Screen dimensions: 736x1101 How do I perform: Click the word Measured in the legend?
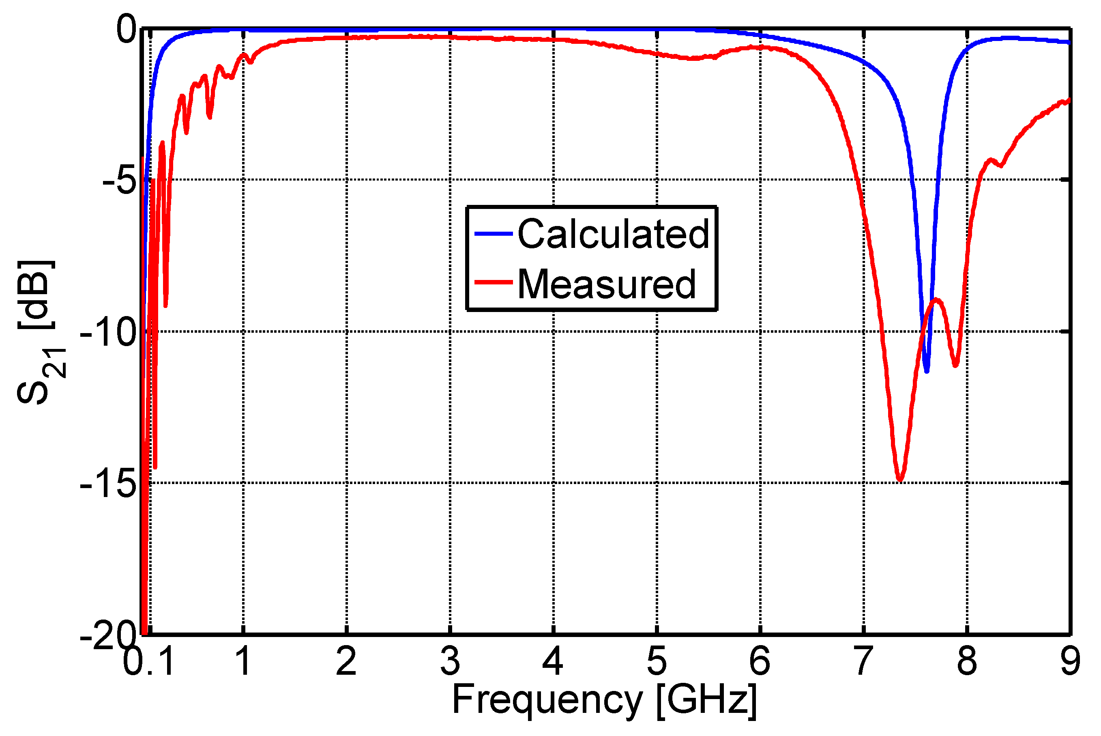[x=606, y=284]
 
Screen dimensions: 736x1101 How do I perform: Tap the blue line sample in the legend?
[x=493, y=233]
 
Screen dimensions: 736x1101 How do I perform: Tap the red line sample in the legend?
[x=493, y=282]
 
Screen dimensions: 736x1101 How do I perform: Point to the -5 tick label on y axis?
[x=120, y=181]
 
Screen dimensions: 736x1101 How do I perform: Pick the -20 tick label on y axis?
[x=108, y=637]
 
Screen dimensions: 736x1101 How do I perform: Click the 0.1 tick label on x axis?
[x=149, y=661]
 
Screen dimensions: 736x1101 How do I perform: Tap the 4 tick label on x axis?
[x=553, y=661]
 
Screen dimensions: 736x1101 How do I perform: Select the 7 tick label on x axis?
[x=863, y=661]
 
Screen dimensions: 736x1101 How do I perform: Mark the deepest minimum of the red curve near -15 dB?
[x=900, y=480]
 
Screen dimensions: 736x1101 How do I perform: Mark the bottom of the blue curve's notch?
[x=927, y=371]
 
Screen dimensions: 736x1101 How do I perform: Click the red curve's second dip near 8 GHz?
[x=955, y=365]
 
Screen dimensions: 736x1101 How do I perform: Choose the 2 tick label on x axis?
[x=346, y=661]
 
